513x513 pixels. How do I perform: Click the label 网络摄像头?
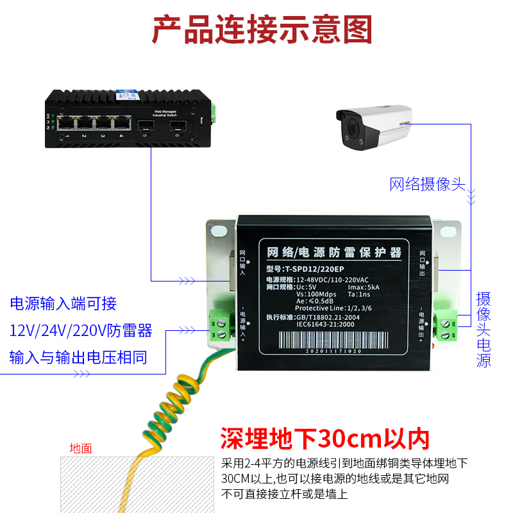tap(427, 184)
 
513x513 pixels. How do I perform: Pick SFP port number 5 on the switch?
tap(143, 124)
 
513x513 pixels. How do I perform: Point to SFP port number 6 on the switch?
tap(177, 124)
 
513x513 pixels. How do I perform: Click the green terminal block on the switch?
tap(216, 114)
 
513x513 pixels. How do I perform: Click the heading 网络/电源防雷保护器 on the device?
tap(333, 253)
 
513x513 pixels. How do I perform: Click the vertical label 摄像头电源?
tap(484, 330)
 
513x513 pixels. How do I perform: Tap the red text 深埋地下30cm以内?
tap(324, 439)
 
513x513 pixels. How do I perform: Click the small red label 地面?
tap(81, 448)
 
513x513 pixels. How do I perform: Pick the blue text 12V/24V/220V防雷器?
tap(81, 330)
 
